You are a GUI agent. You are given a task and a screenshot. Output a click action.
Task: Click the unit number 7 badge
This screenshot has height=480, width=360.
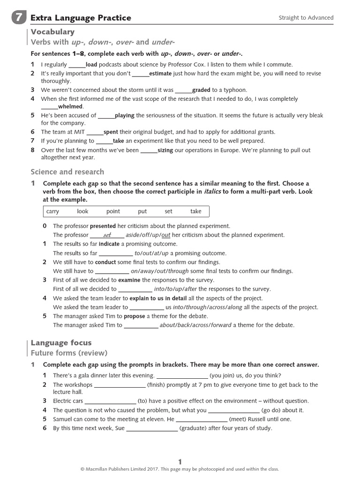[18, 18]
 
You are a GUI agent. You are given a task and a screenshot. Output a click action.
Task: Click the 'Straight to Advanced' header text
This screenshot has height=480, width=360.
[306, 18]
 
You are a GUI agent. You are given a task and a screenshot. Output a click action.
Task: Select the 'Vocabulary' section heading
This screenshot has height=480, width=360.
[52, 32]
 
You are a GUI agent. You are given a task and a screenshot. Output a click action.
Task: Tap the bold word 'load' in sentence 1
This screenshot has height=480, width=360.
[91, 65]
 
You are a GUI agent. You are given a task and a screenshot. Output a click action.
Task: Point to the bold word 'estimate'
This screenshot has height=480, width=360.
[160, 74]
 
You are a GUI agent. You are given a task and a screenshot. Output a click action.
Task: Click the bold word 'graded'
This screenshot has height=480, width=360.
[201, 90]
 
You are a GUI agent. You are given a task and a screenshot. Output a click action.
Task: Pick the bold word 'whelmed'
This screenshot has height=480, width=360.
[70, 106]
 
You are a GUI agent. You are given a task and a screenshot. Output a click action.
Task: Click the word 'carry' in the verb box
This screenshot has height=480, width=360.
[53, 211]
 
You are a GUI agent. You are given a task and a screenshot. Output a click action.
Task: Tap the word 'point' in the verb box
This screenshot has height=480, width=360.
[113, 211]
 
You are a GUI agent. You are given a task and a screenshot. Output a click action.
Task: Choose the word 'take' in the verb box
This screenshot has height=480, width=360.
[195, 211]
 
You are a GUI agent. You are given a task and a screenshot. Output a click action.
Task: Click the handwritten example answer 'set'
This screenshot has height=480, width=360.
[107, 235]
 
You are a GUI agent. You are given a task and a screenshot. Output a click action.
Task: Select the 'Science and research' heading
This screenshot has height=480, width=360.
[67, 172]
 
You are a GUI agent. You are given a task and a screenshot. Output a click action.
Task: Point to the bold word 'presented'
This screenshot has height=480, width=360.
[103, 226]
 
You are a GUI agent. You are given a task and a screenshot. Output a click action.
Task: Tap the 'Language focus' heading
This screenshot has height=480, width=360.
[61, 343]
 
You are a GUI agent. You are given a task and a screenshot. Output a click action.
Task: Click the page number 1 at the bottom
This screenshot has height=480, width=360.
[180, 461]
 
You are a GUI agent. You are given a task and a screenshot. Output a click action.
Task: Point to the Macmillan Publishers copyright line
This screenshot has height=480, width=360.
[180, 469]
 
